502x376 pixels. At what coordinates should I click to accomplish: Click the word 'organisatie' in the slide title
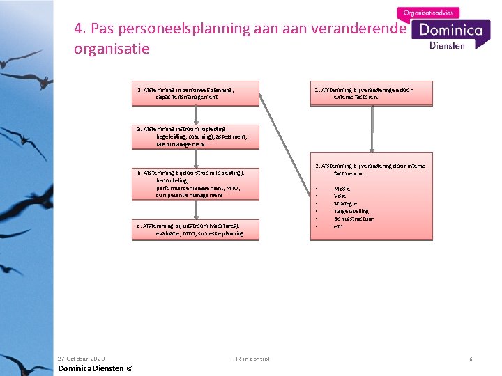click(112, 49)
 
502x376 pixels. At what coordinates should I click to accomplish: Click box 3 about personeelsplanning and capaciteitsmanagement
click(195, 93)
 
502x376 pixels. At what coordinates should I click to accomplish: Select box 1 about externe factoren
click(372, 93)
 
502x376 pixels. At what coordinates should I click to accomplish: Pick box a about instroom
click(195, 136)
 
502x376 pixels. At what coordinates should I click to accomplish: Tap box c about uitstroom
click(195, 230)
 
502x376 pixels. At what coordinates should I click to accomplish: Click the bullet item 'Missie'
click(342, 189)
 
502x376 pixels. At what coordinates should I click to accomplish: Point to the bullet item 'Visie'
click(340, 196)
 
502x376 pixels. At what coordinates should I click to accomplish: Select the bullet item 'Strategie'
click(346, 204)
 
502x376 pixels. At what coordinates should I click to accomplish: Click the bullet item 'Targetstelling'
click(351, 211)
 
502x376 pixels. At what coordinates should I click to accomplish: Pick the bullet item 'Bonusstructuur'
click(353, 219)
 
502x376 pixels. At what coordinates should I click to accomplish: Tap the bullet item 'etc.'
click(339, 226)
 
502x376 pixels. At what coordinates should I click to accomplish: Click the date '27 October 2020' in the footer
click(81, 359)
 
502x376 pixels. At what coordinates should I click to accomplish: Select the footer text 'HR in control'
click(251, 359)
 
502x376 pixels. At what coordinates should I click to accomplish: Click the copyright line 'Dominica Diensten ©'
click(96, 368)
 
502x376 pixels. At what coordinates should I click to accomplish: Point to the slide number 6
click(471, 359)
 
